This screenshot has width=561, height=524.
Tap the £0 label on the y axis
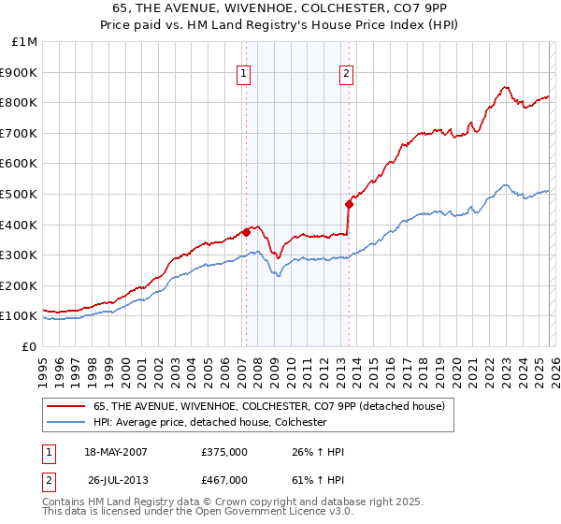(x=30, y=346)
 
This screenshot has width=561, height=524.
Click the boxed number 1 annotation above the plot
(x=244, y=74)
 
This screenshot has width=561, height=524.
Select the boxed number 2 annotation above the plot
(x=346, y=74)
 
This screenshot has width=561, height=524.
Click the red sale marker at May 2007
(x=246, y=232)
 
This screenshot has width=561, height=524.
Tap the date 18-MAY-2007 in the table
(x=115, y=452)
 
